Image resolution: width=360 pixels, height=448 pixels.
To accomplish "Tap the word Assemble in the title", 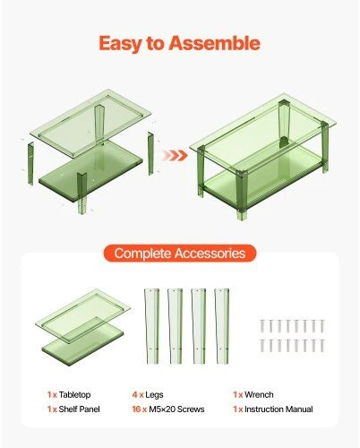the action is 214,43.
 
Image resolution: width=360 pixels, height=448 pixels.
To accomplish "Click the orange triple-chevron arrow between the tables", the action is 175,156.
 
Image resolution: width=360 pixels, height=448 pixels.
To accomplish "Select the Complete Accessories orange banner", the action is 180,254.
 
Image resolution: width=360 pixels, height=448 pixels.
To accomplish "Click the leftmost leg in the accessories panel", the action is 151,326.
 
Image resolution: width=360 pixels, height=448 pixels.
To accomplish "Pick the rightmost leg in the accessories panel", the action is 222,326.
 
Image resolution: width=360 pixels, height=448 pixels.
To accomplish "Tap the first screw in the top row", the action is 262,326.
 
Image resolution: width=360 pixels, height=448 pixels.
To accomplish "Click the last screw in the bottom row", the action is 322,346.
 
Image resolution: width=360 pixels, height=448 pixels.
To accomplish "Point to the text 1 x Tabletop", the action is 69,394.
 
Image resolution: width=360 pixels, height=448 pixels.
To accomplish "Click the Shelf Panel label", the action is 79,409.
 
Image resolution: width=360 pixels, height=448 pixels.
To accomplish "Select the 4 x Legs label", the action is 148,395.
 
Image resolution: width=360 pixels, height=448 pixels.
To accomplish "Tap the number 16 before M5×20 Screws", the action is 136,409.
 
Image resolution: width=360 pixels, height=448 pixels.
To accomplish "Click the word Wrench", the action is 259,394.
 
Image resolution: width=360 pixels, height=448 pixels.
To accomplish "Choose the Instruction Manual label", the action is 279,409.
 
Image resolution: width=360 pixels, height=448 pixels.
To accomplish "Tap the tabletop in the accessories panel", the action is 82,315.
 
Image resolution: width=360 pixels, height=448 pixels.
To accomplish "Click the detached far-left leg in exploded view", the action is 30,163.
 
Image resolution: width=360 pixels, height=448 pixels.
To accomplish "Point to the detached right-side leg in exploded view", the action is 150,153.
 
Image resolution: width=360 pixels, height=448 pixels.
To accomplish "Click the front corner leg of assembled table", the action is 242,195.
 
